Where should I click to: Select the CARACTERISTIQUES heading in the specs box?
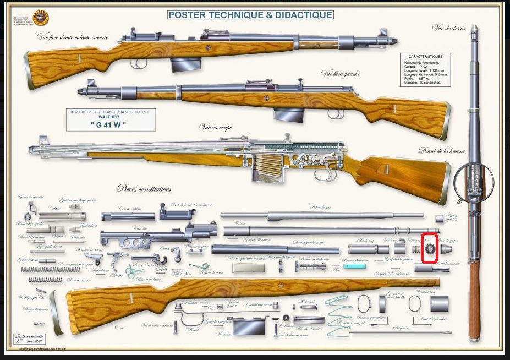[x=425, y=56]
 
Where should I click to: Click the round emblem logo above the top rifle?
[x=41, y=16]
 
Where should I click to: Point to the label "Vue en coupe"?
[x=216, y=127]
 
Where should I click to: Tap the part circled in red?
[x=429, y=249]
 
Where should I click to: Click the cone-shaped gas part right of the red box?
[x=446, y=249]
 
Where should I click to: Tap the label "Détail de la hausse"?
[x=441, y=151]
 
